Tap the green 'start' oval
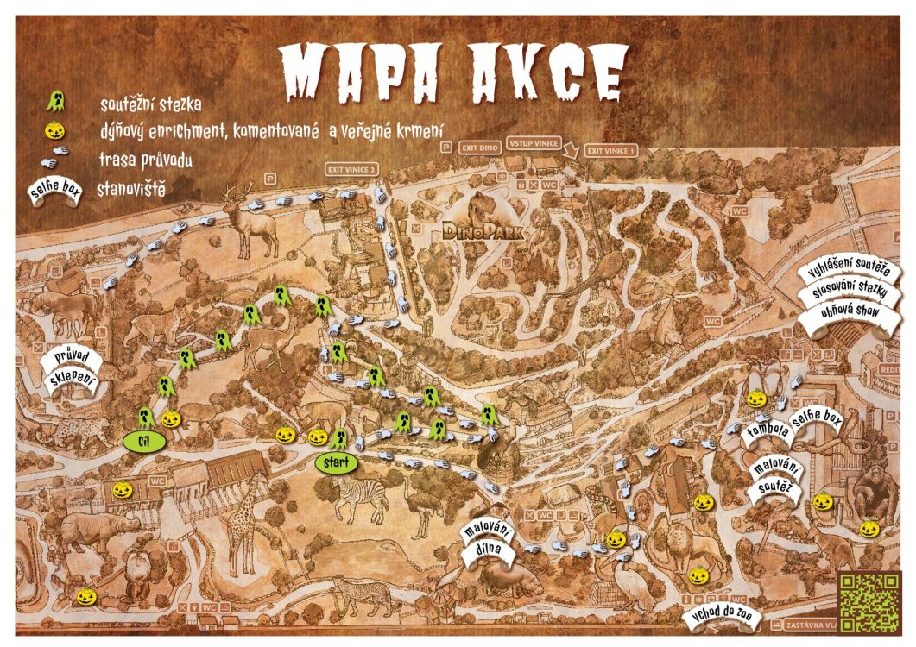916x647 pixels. click(x=336, y=462)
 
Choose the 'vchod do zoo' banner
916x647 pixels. click(x=719, y=618)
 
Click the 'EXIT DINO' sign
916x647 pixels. click(x=480, y=148)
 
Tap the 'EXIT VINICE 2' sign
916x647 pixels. click(x=351, y=170)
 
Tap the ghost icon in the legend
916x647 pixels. click(x=54, y=103)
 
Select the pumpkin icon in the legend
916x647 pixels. click(x=54, y=130)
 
